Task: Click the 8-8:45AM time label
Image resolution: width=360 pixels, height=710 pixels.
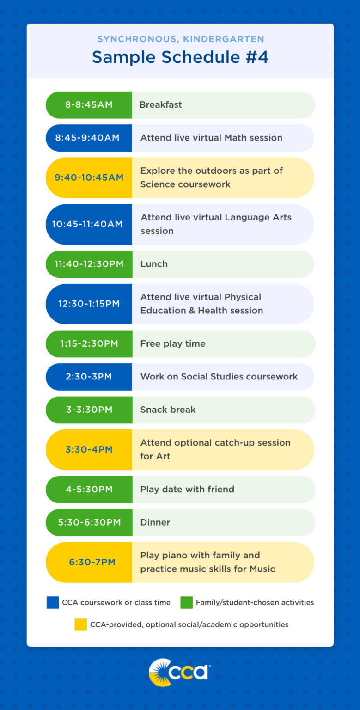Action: pyautogui.click(x=89, y=105)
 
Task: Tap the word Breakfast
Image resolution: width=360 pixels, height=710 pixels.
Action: pyautogui.click(x=161, y=105)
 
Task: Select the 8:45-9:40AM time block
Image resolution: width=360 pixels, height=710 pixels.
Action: pyautogui.click(x=87, y=138)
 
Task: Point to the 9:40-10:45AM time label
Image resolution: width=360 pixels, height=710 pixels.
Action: pyautogui.click(x=89, y=177)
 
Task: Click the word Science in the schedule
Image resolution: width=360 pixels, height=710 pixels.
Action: pyautogui.click(x=160, y=184)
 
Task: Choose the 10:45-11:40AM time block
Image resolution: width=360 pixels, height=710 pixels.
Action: pyautogui.click(x=87, y=224)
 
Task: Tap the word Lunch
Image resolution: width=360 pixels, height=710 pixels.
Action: pyautogui.click(x=154, y=264)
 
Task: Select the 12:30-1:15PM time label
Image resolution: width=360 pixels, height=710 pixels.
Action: pyautogui.click(x=89, y=304)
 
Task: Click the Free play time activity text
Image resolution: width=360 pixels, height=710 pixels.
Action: pyautogui.click(x=173, y=343)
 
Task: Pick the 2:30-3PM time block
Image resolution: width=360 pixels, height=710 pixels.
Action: pyautogui.click(x=89, y=377)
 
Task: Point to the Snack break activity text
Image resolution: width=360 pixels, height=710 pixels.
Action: pyautogui.click(x=168, y=410)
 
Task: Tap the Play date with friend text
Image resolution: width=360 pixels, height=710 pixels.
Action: pyautogui.click(x=187, y=489)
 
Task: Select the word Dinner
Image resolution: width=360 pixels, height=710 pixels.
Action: pyautogui.click(x=155, y=522)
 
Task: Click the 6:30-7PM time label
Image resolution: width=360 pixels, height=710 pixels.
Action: pyautogui.click(x=92, y=562)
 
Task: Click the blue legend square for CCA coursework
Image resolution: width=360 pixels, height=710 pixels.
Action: pyautogui.click(x=53, y=602)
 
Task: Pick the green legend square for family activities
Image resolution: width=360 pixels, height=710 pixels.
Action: pyautogui.click(x=186, y=602)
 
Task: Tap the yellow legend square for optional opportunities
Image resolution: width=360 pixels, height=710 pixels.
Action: pyautogui.click(x=80, y=624)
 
